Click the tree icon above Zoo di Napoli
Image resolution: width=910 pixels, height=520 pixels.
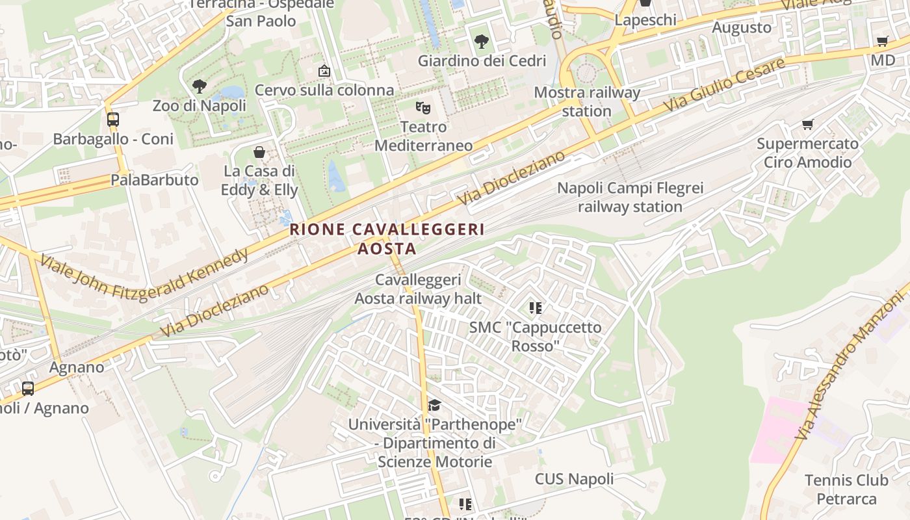pos(200,86)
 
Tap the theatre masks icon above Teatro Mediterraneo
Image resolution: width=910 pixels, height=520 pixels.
pos(423,107)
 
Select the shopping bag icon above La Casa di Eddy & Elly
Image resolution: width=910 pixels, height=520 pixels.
pos(259,152)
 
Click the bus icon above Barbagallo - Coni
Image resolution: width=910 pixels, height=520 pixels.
pos(113,120)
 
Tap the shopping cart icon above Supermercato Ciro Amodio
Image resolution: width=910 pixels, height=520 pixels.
pos(807,124)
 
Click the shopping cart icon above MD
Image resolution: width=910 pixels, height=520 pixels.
pos(882,42)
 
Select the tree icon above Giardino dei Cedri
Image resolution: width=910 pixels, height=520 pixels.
pos(482,42)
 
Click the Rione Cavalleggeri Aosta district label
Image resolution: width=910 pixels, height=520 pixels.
pos(387,239)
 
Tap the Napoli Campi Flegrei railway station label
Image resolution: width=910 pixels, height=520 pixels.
pos(630,198)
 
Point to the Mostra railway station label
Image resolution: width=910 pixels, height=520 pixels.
pos(587,101)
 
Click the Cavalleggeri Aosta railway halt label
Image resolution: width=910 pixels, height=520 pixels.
pos(418,289)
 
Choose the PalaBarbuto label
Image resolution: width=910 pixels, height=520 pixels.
pos(155,180)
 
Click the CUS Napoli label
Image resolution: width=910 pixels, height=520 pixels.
pos(574,480)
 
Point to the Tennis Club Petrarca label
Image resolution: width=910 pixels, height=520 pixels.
pos(846,489)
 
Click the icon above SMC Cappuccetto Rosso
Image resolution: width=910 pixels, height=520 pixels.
pos(536,307)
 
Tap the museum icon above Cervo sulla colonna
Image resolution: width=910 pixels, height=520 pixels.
pos(324,70)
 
